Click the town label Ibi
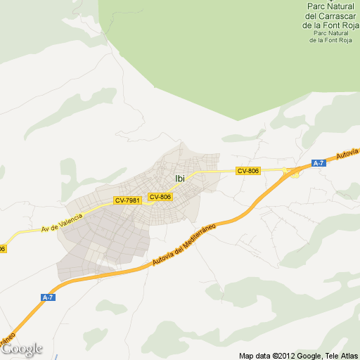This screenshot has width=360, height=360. tap(180, 179)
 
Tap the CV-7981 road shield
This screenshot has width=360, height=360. tap(128, 200)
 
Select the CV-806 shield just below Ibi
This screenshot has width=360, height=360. tap(160, 197)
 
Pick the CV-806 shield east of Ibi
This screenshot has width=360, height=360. tap(248, 171)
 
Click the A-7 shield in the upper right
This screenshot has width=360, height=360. tap(319, 163)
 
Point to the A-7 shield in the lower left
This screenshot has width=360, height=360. tap(48, 297)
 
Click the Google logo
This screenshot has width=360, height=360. tap(22, 349)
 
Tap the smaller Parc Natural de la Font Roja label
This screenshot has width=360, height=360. tap(330, 37)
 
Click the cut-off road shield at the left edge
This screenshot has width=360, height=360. tap(2, 248)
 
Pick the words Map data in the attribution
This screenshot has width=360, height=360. tap(255, 355)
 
